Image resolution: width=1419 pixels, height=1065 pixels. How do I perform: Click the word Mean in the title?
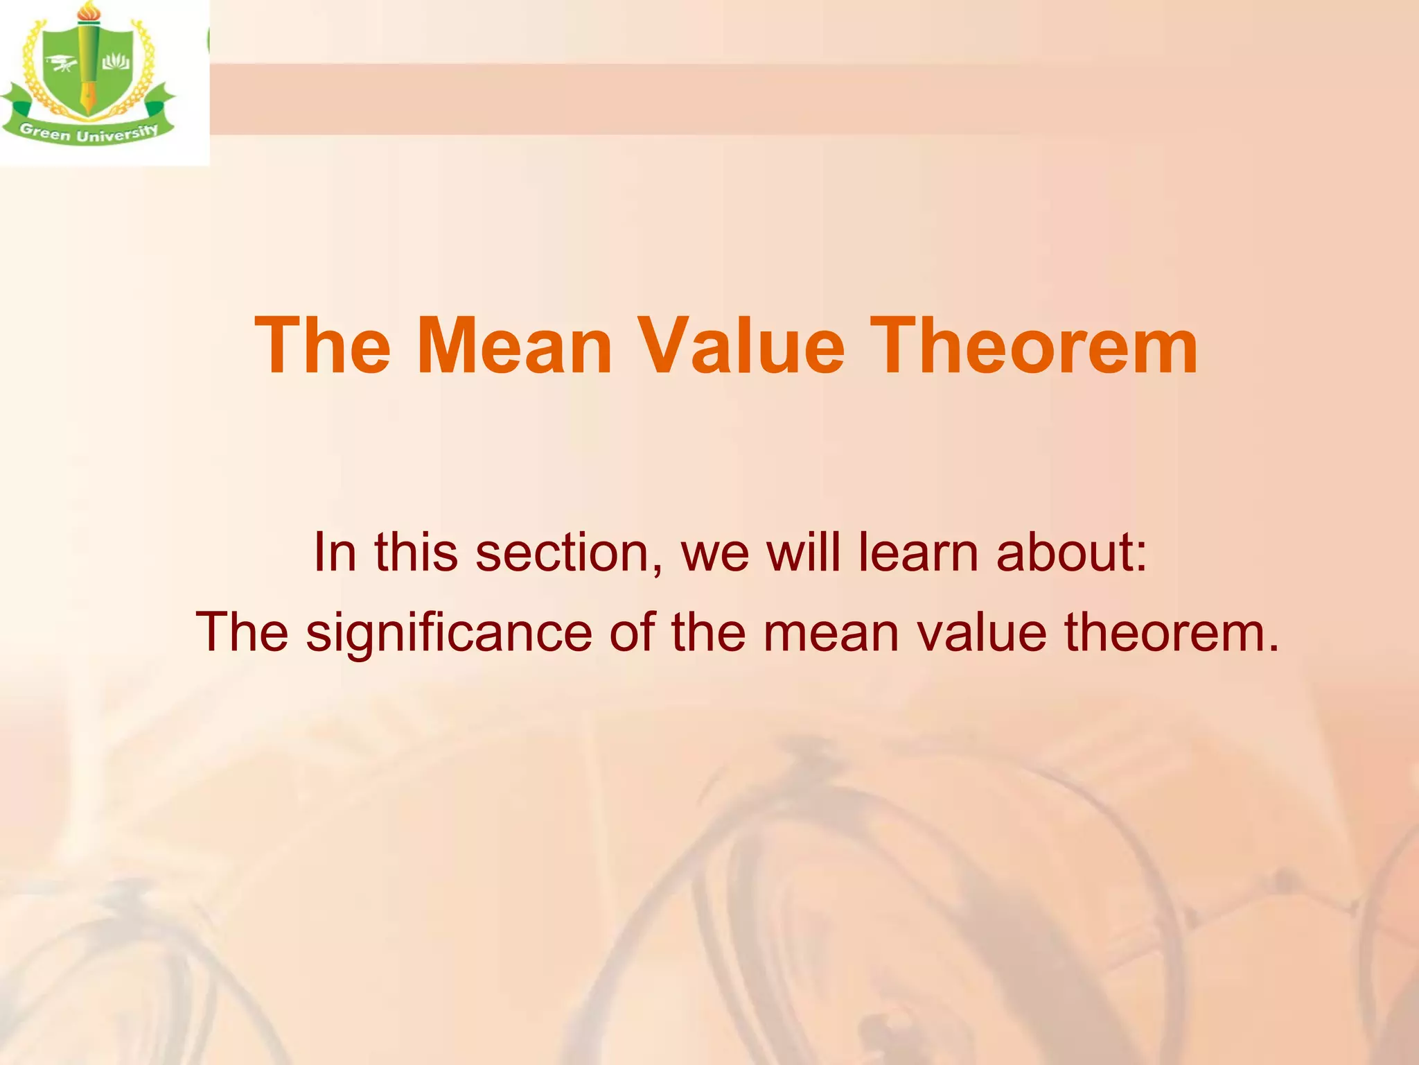click(x=514, y=346)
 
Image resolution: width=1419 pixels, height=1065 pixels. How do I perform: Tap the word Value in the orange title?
click(x=741, y=346)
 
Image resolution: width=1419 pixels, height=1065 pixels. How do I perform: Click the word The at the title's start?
click(x=323, y=346)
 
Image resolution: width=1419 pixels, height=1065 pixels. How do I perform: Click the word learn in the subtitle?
click(x=919, y=553)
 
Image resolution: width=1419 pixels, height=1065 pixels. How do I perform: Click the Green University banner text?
click(x=89, y=132)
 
